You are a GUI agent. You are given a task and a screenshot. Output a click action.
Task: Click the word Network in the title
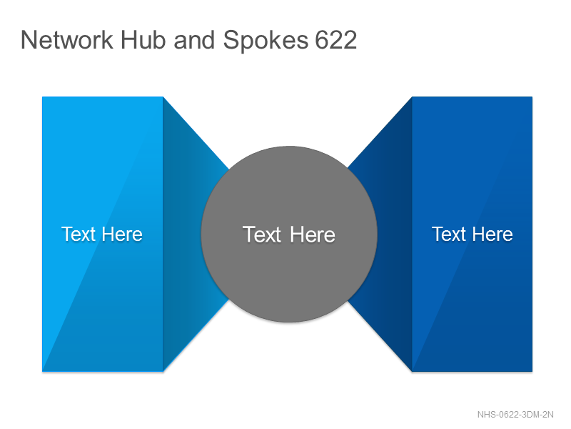[67, 40]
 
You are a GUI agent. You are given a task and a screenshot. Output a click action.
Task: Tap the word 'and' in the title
[194, 40]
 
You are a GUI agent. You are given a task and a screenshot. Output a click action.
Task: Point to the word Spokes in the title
[266, 41]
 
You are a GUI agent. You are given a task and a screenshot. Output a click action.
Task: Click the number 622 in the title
[335, 40]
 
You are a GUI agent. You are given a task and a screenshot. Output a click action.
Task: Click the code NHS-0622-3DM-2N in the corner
[515, 415]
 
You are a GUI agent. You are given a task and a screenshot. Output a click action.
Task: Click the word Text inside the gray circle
[262, 235]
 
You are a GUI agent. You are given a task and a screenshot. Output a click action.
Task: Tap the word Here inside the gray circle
[313, 235]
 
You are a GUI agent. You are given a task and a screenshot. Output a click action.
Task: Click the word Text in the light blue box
[79, 234]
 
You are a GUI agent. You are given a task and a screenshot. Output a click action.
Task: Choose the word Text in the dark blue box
[449, 234]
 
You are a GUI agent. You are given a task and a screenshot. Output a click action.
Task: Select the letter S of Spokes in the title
[230, 40]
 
